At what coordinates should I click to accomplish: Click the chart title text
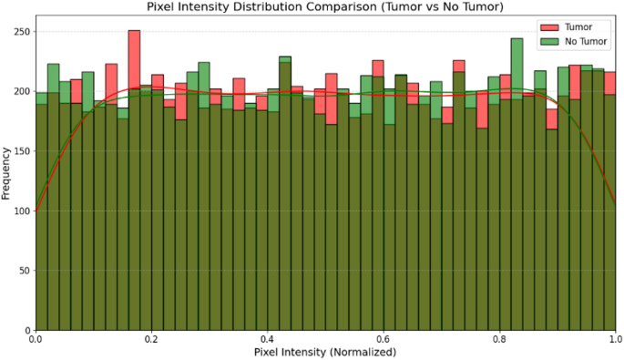point(325,7)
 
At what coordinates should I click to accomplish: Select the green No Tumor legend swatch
point(550,41)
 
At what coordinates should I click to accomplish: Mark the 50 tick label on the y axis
point(23,271)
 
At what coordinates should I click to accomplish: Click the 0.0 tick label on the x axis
point(36,339)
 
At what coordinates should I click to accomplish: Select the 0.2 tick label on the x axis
point(151,339)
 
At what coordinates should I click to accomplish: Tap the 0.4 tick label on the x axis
point(268,339)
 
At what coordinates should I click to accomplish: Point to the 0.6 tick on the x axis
point(384,339)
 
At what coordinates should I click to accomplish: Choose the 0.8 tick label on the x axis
point(500,339)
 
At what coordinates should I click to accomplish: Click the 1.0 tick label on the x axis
point(616,339)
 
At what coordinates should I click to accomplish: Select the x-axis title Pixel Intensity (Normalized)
point(325,352)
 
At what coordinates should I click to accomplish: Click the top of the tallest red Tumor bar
point(134,31)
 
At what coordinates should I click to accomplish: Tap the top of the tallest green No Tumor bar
point(517,39)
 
